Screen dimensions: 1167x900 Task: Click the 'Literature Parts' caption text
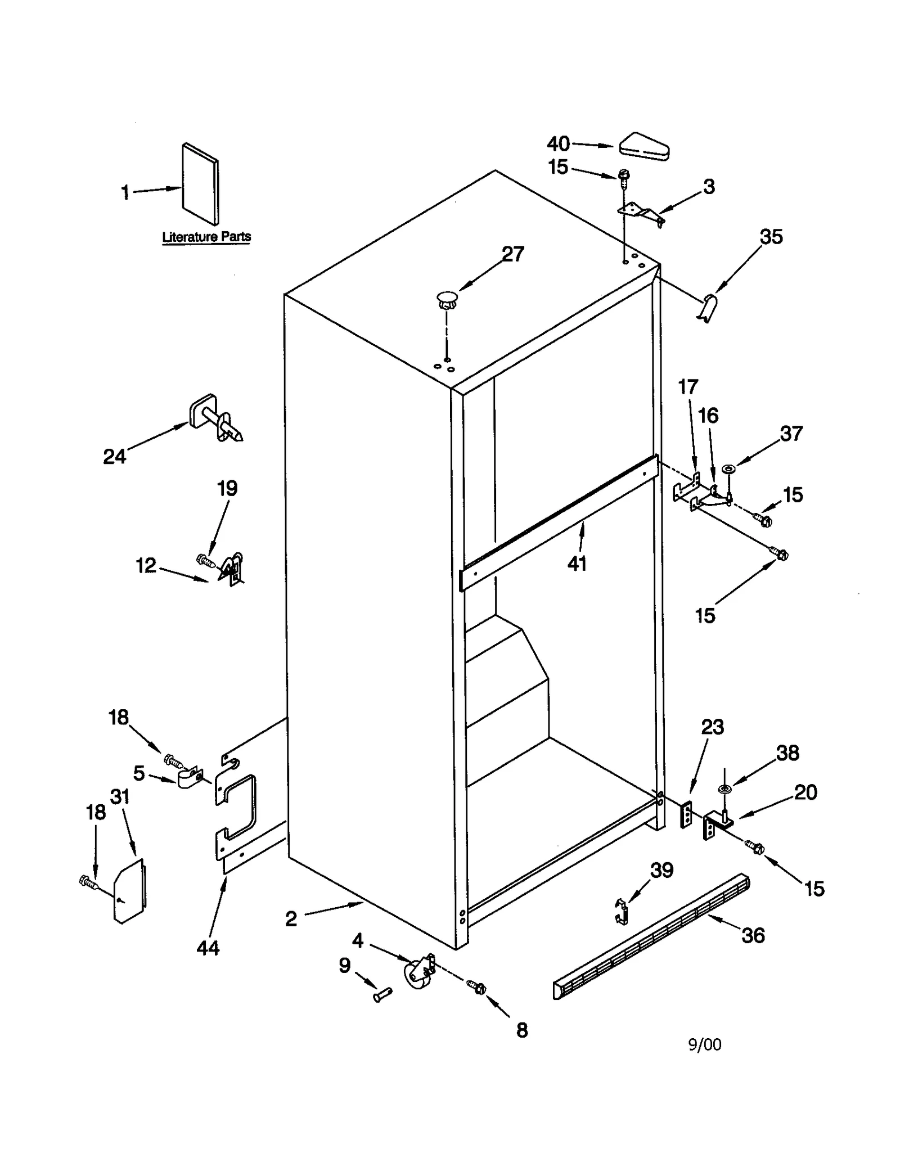tap(206, 237)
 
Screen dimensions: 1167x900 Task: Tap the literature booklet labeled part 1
tap(200, 184)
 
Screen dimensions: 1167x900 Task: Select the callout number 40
tap(558, 144)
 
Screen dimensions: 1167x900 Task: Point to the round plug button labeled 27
tap(447, 299)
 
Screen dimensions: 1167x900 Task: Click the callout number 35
tap(771, 237)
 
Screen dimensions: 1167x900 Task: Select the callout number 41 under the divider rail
tap(577, 563)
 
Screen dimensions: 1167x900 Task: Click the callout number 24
tap(114, 456)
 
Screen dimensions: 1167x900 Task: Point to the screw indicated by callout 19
tap(205, 560)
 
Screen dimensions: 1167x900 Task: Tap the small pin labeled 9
tap(382, 995)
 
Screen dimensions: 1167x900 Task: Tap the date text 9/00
tap(704, 1044)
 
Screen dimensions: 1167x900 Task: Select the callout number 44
tap(208, 948)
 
